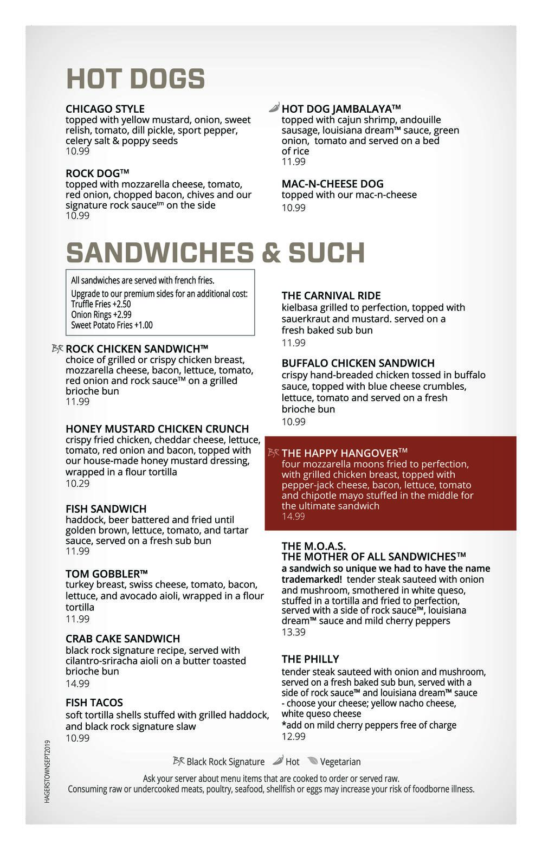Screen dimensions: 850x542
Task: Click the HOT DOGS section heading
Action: [x=135, y=79]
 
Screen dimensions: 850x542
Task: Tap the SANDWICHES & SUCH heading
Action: [x=215, y=253]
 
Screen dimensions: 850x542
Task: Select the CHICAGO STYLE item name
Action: [x=105, y=109]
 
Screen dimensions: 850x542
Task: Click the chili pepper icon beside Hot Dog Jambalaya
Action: [x=274, y=108]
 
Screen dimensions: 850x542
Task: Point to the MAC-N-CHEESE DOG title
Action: [x=332, y=184]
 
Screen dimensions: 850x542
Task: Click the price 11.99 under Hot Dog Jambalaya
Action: [x=293, y=162]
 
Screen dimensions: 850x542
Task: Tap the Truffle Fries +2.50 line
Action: [x=101, y=304]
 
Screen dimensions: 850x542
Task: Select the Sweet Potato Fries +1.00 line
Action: [x=112, y=325]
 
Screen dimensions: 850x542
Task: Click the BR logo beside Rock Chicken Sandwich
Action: [x=57, y=349]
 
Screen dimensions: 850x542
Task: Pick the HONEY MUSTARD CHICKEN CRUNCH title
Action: [x=157, y=429]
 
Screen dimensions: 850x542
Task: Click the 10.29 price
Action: [x=78, y=483]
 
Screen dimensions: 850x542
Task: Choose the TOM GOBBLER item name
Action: [x=106, y=574]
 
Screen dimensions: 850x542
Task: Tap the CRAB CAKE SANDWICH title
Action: [x=122, y=639]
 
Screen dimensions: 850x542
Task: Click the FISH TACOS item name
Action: [x=94, y=703]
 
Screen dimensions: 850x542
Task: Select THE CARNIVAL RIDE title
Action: [x=331, y=295]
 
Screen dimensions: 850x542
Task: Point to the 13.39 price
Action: [x=293, y=632]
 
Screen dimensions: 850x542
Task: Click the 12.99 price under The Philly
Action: [x=293, y=736]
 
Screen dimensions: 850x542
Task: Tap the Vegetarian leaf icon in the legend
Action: [x=313, y=761]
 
